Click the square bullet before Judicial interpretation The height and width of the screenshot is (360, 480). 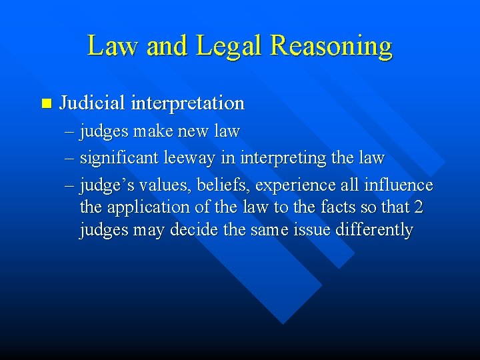click(45, 103)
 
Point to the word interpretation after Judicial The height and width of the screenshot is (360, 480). click(188, 104)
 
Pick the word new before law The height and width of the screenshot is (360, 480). click(195, 131)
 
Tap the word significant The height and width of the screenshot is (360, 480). click(114, 158)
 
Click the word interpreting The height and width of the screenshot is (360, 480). click(276, 159)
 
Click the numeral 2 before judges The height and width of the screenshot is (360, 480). click(418, 207)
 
